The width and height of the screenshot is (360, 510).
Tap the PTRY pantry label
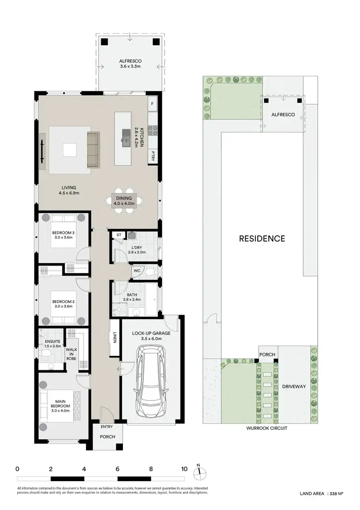click(153, 155)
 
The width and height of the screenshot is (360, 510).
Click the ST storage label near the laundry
click(119, 235)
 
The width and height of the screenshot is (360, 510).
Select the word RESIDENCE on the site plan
click(262, 238)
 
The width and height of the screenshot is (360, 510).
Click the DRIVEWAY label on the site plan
click(294, 386)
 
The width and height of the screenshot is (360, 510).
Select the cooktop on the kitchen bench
click(153, 129)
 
